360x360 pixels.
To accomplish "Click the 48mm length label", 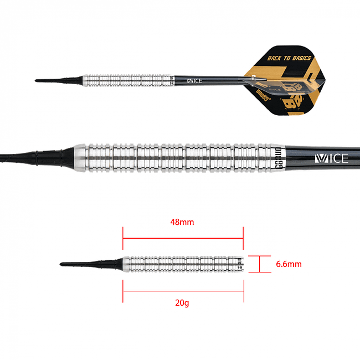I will [x=183, y=223].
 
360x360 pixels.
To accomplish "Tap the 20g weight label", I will [x=183, y=302].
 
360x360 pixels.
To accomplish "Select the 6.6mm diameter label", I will [x=289, y=264].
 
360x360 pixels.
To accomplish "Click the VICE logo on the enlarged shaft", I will [x=331, y=158].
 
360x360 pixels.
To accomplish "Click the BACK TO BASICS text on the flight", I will [x=290, y=58].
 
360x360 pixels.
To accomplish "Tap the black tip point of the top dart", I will [x=39, y=81].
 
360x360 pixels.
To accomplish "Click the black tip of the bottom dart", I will [x=64, y=262].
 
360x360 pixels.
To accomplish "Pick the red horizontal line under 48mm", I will [x=183, y=239].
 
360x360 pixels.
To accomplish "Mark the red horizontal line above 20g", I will [x=183, y=290].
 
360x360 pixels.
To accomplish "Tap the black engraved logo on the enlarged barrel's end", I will [x=279, y=158].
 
